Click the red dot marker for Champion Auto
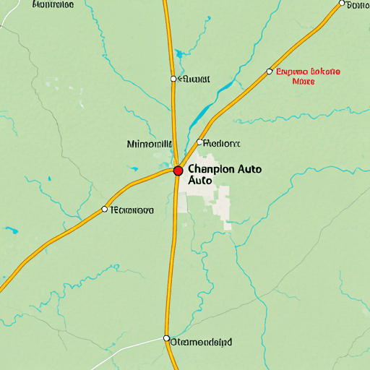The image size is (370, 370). click(178, 171)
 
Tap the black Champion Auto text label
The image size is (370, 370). click(224, 174)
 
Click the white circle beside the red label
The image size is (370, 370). click(270, 72)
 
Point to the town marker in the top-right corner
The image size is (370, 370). click(342, 4)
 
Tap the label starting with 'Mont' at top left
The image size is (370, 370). click(53, 4)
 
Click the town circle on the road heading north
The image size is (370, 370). click(173, 78)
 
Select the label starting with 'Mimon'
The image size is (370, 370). click(149, 144)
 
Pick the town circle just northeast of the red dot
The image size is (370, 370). click(199, 142)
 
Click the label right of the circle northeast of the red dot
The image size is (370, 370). click(223, 143)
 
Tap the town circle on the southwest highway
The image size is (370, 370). click(105, 209)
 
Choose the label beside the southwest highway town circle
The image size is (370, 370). click(132, 210)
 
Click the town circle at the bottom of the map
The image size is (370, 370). click(166, 338)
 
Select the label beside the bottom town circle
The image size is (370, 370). click(202, 340)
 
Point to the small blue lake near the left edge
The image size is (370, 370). click(12, 232)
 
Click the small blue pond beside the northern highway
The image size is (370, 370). click(178, 52)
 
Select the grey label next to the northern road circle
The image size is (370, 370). click(194, 79)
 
